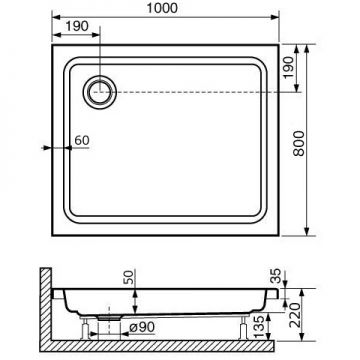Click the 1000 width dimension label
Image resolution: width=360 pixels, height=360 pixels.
click(162, 8)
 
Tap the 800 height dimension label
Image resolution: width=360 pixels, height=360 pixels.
click(299, 143)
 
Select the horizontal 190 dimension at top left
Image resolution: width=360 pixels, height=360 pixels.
click(77, 26)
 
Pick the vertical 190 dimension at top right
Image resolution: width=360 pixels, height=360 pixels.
click(289, 67)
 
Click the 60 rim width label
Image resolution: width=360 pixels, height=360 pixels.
click(82, 140)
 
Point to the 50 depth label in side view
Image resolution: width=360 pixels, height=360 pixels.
click(129, 277)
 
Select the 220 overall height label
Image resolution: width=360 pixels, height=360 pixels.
click(296, 315)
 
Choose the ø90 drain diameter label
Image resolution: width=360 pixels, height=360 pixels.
click(142, 327)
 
